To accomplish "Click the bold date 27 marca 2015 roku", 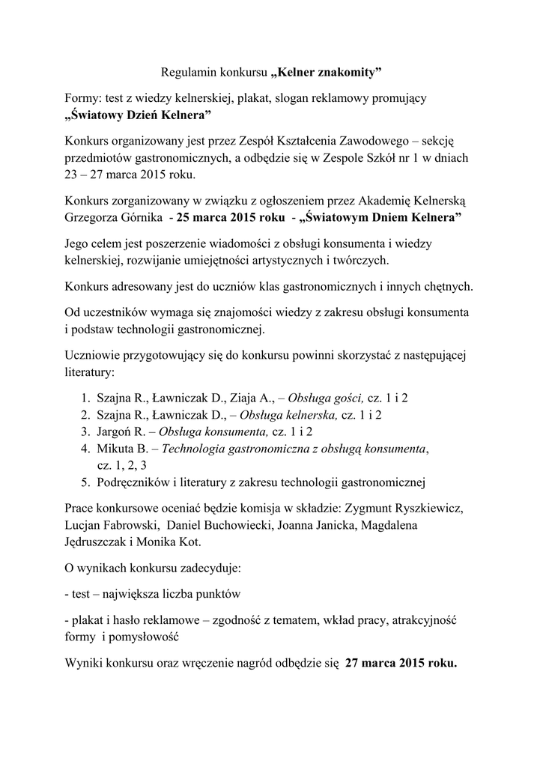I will [x=401, y=664].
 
